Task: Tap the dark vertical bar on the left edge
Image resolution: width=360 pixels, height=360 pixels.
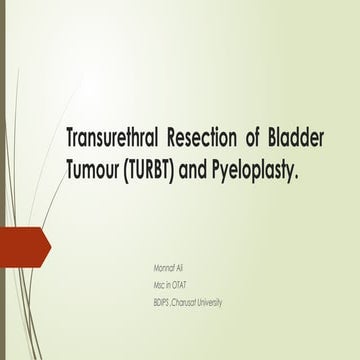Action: (3, 180)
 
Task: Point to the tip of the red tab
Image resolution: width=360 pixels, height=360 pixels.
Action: (49, 247)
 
